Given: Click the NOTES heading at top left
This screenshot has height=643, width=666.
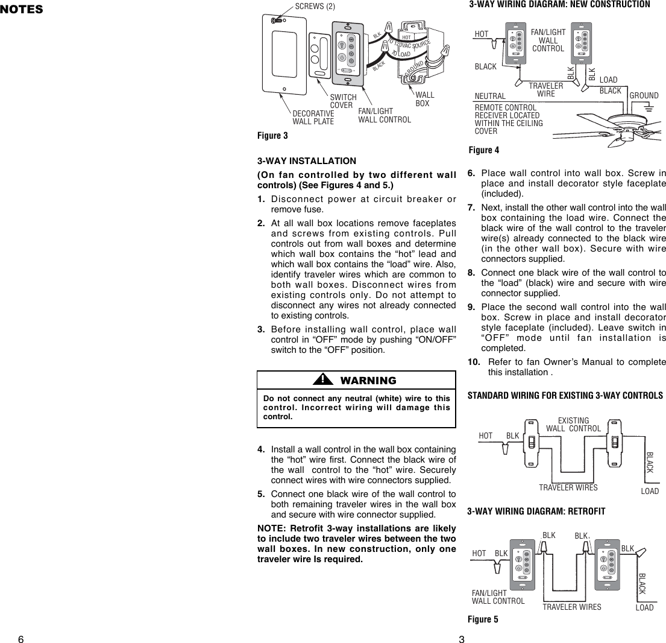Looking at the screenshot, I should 22,9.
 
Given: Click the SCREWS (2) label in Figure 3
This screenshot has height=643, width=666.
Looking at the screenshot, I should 315,7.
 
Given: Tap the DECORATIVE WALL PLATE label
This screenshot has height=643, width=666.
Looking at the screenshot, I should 313,118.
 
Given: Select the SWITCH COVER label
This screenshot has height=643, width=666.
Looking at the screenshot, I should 344,101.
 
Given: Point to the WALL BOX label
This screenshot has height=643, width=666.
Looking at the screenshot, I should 424,100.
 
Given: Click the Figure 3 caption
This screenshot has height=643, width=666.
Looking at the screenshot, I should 272,136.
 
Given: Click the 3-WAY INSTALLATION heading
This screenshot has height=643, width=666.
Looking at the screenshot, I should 306,161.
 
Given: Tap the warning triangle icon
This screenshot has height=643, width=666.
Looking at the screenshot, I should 323,379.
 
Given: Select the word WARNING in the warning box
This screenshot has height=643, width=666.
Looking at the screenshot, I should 368,381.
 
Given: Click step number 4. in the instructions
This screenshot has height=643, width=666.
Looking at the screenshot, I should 262,450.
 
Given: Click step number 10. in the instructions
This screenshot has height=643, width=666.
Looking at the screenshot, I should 474,362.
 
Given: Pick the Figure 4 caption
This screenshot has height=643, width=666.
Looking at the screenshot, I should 483,150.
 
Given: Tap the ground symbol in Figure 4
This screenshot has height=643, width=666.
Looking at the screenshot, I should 649,108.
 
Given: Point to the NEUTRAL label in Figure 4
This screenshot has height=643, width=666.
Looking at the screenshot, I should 490,96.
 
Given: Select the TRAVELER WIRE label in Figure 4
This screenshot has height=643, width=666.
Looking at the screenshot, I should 545,90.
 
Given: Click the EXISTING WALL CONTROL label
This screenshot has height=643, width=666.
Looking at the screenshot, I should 573,425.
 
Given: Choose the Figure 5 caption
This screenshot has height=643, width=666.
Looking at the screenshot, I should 483,619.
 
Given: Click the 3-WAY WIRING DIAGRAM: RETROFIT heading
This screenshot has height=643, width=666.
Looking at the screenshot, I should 536,512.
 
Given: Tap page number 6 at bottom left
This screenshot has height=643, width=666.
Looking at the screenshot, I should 20,639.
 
